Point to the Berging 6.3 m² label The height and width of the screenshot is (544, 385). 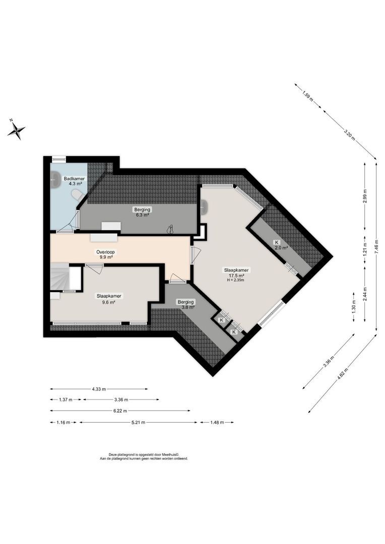tap(142, 212)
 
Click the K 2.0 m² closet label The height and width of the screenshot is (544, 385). tap(280, 245)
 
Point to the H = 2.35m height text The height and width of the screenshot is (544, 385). tap(235, 281)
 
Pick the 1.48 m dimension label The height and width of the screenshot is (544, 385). tap(216, 423)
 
